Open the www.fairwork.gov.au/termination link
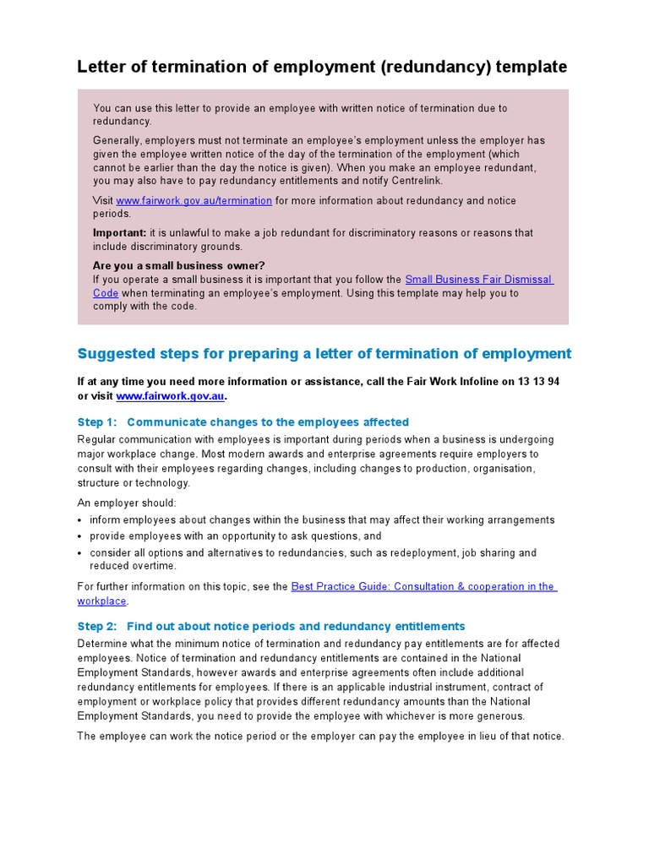coord(194,201)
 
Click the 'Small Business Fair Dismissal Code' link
coord(478,280)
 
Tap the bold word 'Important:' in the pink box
coord(119,233)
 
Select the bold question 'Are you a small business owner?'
coord(178,265)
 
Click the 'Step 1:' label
coord(96,422)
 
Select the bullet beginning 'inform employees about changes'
coord(322,520)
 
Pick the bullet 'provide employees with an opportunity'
coord(236,536)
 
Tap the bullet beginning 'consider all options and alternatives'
coord(313,553)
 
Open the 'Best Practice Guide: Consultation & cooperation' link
coord(422,586)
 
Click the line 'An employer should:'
coord(127,503)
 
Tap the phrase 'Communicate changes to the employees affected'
coord(268,422)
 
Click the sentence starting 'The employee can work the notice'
coord(320,737)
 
